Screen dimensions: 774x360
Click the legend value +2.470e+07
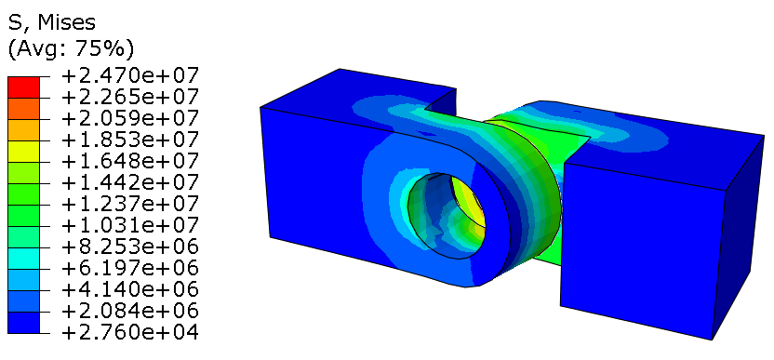coord(129,76)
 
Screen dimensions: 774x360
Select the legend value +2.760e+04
coord(129,332)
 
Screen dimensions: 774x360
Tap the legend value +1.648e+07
coord(129,162)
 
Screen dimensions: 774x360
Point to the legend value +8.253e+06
coord(129,247)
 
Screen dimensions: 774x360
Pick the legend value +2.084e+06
coord(129,311)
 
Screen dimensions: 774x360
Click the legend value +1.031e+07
coord(129,225)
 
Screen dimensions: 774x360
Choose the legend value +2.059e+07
coord(129,118)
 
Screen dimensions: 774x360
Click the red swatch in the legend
coord(23,87)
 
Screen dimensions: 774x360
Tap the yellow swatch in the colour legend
coord(23,151)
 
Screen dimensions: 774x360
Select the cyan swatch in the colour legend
coord(23,259)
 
